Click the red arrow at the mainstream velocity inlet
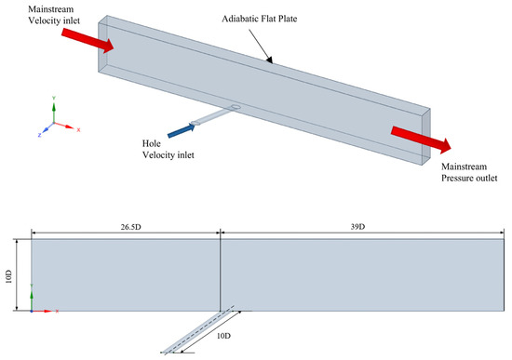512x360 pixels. [x=88, y=41]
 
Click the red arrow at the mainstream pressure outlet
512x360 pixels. [x=421, y=140]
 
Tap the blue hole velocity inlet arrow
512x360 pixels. [x=182, y=130]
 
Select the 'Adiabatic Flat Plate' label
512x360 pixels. [x=260, y=19]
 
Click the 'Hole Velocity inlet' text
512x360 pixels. [x=168, y=149]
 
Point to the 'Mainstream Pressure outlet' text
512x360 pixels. [x=469, y=172]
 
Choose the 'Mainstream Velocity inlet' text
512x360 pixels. [x=54, y=15]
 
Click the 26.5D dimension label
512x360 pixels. [x=130, y=227]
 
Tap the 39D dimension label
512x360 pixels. [x=357, y=227]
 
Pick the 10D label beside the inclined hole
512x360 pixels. [x=223, y=336]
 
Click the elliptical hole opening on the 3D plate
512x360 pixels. [x=236, y=107]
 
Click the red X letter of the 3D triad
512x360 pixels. [x=78, y=130]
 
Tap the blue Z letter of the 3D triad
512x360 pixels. [x=39, y=135]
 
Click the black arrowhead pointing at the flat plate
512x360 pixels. [x=269, y=60]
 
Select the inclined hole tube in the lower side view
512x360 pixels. [x=197, y=330]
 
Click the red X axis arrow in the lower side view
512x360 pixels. [x=43, y=312]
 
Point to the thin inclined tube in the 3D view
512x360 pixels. [x=212, y=116]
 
